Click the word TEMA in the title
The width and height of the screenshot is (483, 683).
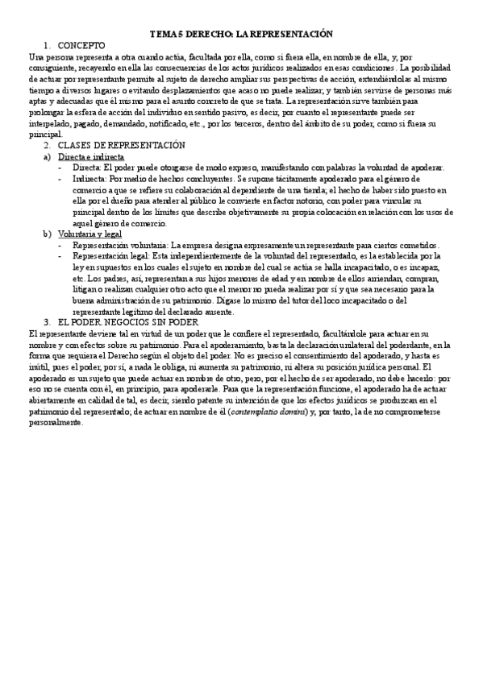click(x=164, y=35)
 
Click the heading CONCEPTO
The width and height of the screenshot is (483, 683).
click(x=81, y=46)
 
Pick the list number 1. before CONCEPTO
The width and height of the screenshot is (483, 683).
click(x=48, y=46)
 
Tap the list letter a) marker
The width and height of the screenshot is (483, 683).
click(x=48, y=156)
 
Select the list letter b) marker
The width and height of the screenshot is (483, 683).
click(x=48, y=234)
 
